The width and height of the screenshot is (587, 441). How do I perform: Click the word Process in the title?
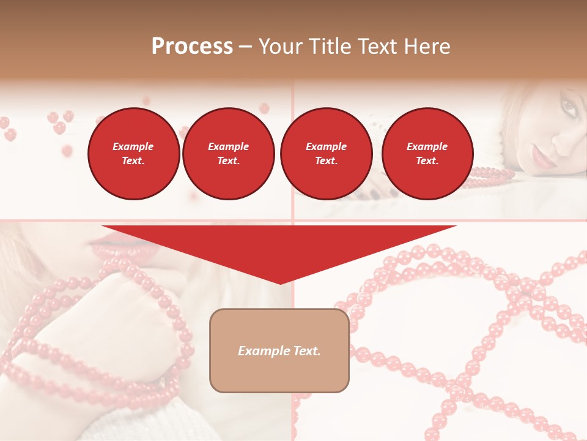point(192,47)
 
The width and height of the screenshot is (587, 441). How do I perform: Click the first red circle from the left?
point(133,153)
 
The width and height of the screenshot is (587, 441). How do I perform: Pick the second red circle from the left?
point(228,153)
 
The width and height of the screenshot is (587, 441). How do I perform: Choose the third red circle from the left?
point(326,153)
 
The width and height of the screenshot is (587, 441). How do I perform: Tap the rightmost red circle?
point(427,153)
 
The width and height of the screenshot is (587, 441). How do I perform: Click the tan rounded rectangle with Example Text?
point(279,350)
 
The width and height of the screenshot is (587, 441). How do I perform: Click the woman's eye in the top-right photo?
point(569,108)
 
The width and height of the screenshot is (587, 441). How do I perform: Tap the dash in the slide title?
point(246,47)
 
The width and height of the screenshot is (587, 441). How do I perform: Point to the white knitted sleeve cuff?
point(122,423)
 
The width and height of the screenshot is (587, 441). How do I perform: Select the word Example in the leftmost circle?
point(133,146)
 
